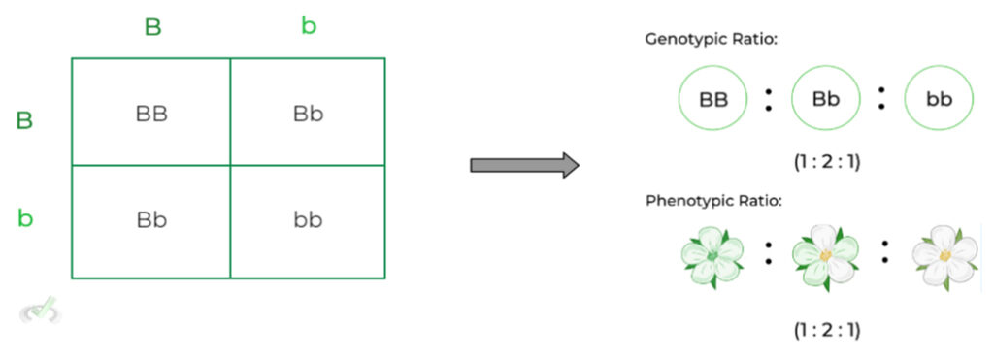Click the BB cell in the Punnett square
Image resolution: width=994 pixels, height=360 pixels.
(151, 114)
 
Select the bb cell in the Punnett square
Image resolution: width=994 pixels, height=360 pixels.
(308, 219)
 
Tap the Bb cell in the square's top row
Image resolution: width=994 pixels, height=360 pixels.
(308, 114)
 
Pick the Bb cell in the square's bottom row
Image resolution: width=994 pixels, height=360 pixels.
(151, 219)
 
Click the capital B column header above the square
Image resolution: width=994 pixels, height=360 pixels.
(152, 26)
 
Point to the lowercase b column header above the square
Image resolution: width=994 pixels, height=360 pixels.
(309, 26)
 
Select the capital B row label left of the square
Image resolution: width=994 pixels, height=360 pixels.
(24, 120)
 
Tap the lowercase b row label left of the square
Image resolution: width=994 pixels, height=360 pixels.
(25, 217)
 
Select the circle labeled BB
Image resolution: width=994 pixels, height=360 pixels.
(713, 99)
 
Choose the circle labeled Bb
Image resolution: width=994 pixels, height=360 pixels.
(826, 99)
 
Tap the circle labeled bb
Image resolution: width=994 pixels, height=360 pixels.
(939, 99)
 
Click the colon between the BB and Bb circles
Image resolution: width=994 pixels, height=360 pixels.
(769, 99)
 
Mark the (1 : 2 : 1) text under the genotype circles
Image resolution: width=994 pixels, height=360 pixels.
(826, 162)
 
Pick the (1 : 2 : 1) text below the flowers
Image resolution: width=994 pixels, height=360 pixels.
(826, 329)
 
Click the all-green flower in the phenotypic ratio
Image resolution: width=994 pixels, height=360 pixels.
(712, 256)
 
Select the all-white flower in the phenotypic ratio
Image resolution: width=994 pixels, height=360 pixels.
(944, 256)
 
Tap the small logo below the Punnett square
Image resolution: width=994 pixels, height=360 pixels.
(40, 311)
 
